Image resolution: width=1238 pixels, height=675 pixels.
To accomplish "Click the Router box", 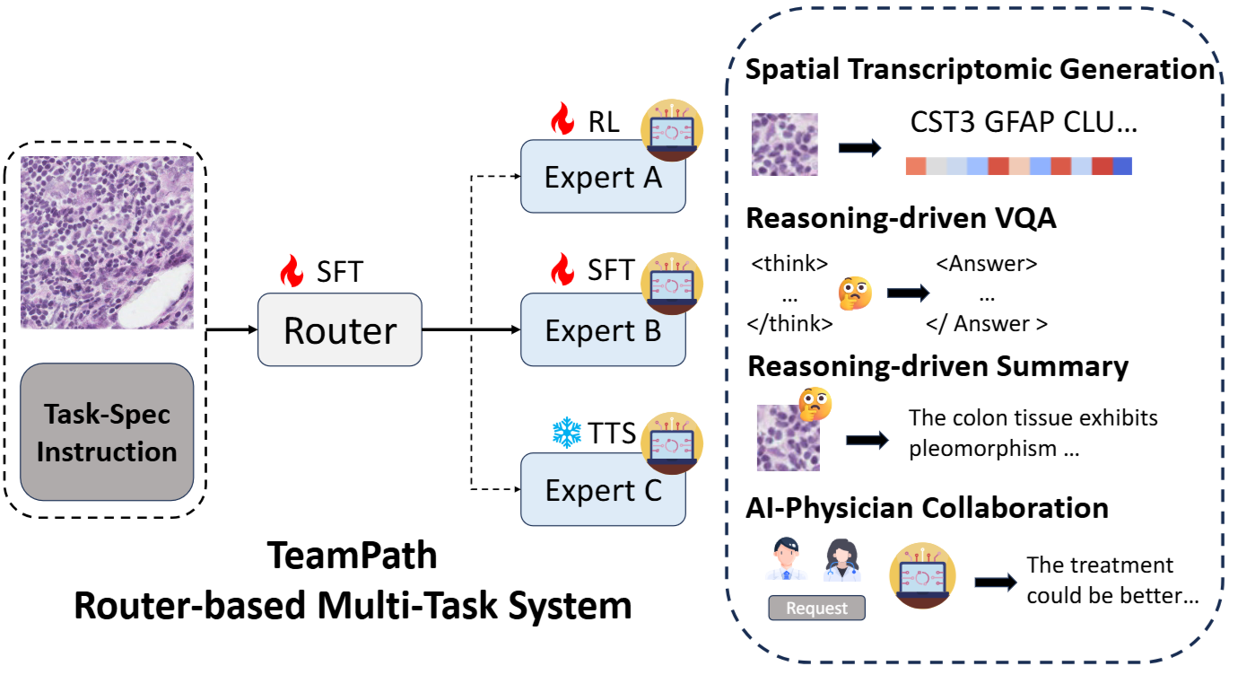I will click(339, 329).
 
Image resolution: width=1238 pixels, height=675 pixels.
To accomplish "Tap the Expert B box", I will click(603, 330).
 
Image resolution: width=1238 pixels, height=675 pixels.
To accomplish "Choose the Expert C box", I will click(603, 489).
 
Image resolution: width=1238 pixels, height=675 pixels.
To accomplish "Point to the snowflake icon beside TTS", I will click(567, 434).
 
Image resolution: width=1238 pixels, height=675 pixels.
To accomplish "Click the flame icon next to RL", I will click(562, 119).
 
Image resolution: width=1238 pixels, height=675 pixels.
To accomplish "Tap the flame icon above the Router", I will click(292, 269).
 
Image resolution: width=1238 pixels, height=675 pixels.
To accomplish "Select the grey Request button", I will click(816, 608).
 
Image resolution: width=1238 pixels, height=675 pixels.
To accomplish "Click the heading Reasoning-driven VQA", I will click(901, 219).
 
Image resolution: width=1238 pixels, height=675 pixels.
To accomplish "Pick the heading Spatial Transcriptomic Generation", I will click(980, 69).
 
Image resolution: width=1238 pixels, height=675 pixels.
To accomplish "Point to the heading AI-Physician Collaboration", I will click(927, 507).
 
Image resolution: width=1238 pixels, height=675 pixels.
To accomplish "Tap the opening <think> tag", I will click(789, 265).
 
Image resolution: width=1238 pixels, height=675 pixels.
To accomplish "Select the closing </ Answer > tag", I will click(987, 324).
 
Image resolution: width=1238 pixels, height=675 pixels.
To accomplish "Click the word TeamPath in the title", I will click(352, 557).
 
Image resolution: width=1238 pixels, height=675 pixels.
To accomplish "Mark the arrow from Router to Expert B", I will click(471, 330).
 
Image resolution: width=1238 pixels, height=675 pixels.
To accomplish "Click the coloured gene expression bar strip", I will click(1018, 166).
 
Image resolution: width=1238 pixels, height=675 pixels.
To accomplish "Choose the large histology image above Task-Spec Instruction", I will click(107, 243).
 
